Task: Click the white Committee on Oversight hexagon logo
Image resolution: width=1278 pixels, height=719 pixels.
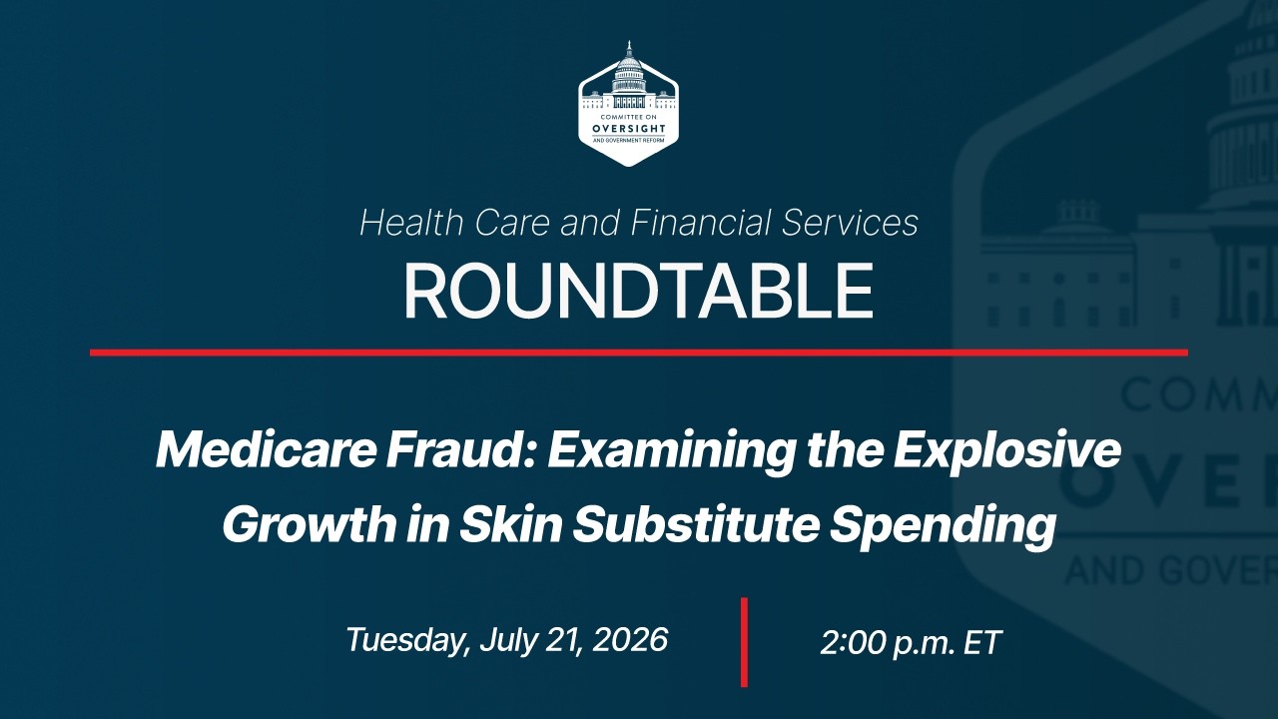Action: tap(629, 104)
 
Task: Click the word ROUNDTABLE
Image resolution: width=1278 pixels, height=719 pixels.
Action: tap(638, 291)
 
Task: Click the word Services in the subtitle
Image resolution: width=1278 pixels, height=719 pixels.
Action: tap(850, 222)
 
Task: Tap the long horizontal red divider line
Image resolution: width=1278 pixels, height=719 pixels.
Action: tap(639, 353)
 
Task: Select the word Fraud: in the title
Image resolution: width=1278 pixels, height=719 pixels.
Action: tap(460, 450)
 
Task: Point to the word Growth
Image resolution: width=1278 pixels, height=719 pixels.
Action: tap(310, 524)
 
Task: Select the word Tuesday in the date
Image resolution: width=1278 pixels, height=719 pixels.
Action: tap(407, 640)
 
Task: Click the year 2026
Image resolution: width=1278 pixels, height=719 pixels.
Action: tap(630, 639)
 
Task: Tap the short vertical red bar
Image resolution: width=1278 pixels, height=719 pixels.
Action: tap(744, 642)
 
